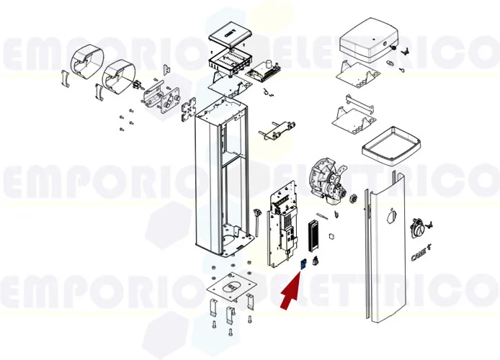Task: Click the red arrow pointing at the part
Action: click(x=290, y=292)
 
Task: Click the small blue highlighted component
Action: click(x=304, y=264)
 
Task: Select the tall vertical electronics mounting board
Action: click(x=282, y=229)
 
